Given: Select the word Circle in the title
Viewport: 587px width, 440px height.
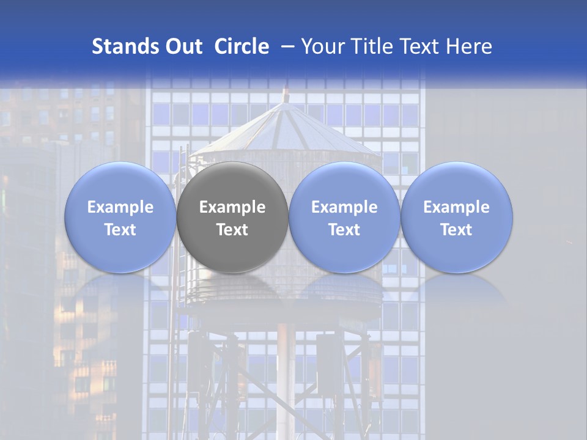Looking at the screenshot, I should coord(242,46).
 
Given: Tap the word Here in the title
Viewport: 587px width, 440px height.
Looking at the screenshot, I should coord(470,46).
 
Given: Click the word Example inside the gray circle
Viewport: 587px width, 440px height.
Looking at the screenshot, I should coord(232,207).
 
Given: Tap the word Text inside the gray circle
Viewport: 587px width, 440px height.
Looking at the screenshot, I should coord(232,230).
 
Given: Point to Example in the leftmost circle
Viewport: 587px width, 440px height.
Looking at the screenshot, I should coord(120,207).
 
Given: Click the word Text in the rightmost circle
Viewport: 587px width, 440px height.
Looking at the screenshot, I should coord(456,230).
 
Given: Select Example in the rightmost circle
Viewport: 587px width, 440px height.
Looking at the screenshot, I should coord(456,207).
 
